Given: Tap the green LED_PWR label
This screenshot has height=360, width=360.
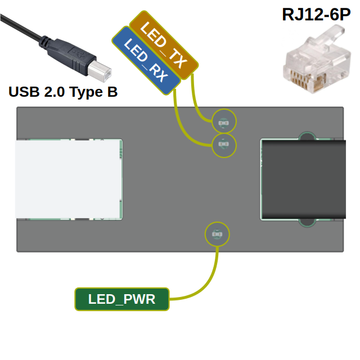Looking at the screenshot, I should [x=121, y=299].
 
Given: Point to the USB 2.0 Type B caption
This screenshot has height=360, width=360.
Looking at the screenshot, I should [x=63, y=92].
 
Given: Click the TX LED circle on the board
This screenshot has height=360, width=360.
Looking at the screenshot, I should [x=223, y=121].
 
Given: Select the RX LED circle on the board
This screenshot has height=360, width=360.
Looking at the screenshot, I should [x=223, y=145].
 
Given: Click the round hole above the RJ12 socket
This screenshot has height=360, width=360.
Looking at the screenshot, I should [x=307, y=136].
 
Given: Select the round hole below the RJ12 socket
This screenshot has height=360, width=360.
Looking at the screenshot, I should [x=307, y=223].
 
